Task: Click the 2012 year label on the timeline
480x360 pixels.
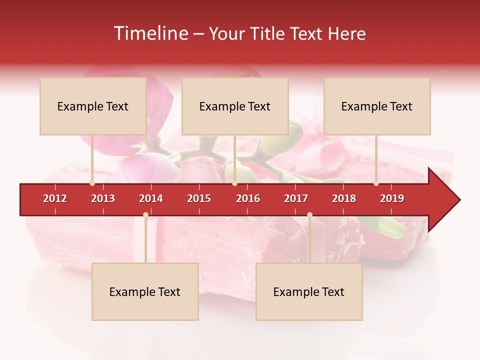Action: [x=55, y=198]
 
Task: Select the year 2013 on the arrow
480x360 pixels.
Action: [x=103, y=198]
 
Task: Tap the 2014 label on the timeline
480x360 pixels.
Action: [x=151, y=198]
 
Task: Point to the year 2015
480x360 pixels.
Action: [x=199, y=198]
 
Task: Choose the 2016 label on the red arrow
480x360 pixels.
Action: [x=248, y=198]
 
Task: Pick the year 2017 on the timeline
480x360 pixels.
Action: [x=296, y=198]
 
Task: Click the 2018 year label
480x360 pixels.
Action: [x=344, y=198]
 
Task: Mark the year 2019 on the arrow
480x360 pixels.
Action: [x=392, y=198]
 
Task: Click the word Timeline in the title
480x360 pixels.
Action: [x=150, y=33]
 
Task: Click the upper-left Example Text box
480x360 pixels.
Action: [x=93, y=106]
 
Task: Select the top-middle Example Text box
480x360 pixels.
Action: [x=235, y=106]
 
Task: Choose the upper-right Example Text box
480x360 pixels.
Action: [x=377, y=106]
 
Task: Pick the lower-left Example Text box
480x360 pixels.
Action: [x=145, y=292]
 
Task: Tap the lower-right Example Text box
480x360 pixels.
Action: [x=309, y=292]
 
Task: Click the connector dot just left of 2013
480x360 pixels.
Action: [x=92, y=183]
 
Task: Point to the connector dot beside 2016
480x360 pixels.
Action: [x=234, y=183]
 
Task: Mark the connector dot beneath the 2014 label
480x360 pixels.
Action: [x=145, y=214]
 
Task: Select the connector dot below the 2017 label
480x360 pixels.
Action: [x=309, y=214]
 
